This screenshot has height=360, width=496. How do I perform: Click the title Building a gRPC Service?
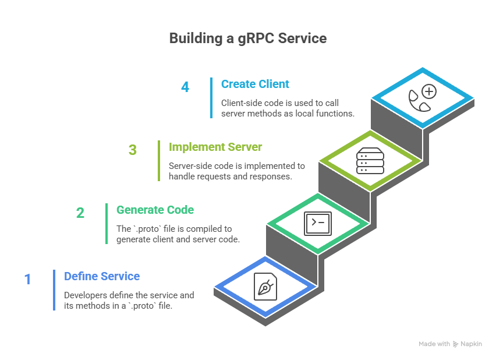[247, 38]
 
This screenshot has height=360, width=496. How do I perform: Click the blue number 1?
[27, 279]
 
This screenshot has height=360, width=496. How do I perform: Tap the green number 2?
[80, 213]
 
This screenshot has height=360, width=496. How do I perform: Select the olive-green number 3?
[133, 150]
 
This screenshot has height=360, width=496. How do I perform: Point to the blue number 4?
[185, 87]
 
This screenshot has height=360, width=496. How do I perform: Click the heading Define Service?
[102, 276]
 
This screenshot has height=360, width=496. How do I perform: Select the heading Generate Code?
[155, 210]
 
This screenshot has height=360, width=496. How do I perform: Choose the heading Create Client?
[254, 84]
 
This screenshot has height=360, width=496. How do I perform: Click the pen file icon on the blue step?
[265, 287]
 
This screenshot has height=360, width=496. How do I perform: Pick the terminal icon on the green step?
[318, 223]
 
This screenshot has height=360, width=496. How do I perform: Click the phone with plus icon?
[422, 98]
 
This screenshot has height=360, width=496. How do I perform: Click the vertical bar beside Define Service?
[54, 290]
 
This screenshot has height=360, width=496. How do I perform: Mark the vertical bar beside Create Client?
[211, 98]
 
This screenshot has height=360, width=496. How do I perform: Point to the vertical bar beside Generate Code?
[107, 224]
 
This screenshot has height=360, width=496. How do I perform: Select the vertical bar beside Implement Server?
[159, 161]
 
